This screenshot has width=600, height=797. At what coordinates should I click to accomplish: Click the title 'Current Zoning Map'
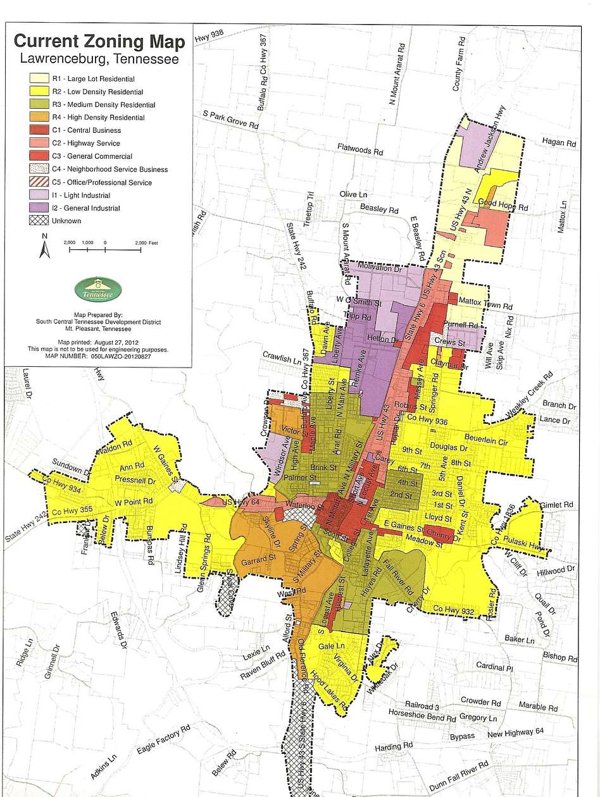99,42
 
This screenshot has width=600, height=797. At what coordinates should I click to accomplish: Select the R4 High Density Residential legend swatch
39,117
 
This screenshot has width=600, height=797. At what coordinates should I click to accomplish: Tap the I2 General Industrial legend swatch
39,208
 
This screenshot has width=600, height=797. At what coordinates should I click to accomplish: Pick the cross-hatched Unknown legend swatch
39,221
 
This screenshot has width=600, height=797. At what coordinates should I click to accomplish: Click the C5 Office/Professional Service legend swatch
39,182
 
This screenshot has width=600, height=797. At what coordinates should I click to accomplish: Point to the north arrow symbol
44,247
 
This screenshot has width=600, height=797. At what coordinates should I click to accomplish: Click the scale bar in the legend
105,250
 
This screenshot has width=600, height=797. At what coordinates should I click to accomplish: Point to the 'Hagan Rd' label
560,144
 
